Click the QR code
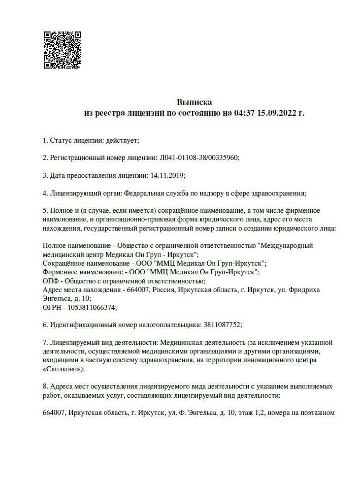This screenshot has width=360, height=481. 62,50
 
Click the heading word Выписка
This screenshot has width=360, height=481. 194,102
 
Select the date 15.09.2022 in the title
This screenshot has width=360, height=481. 277,113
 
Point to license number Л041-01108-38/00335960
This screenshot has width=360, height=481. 199,158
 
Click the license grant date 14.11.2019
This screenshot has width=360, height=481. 167,176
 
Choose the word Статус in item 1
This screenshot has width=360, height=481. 60,140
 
